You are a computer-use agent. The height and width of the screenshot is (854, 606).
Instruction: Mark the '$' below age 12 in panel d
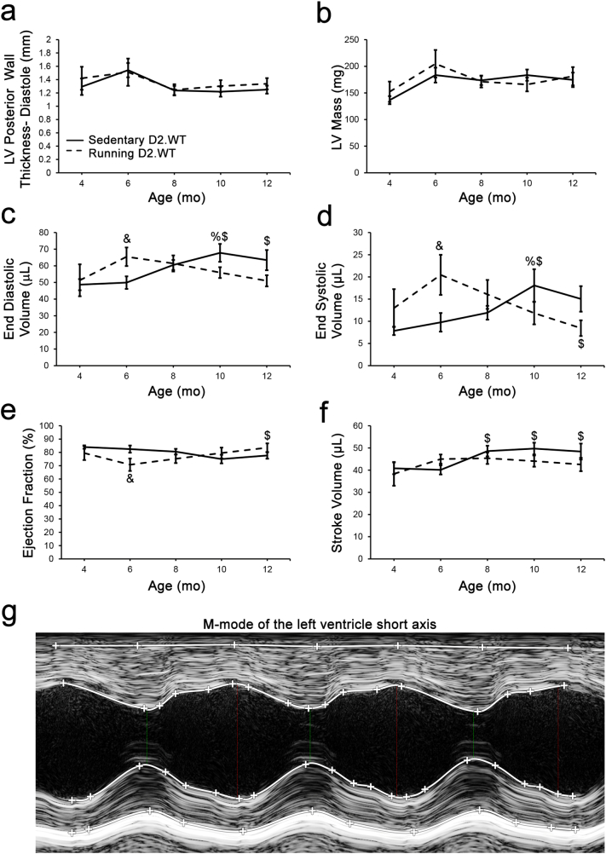(580, 343)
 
